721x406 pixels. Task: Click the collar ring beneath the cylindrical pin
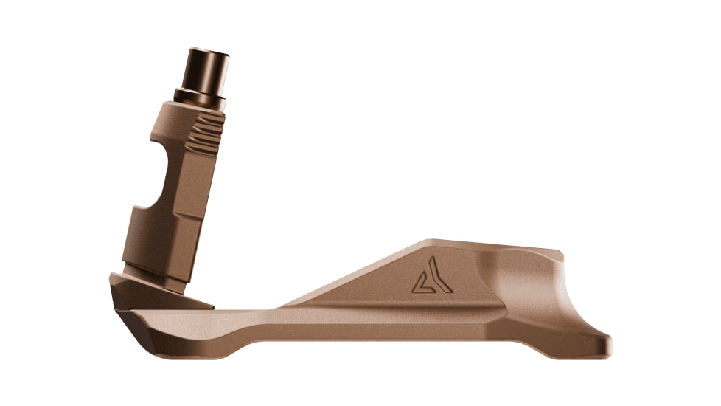click(201, 96)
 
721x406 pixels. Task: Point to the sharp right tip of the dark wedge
click(212, 305)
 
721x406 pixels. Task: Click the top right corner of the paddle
click(560, 255)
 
